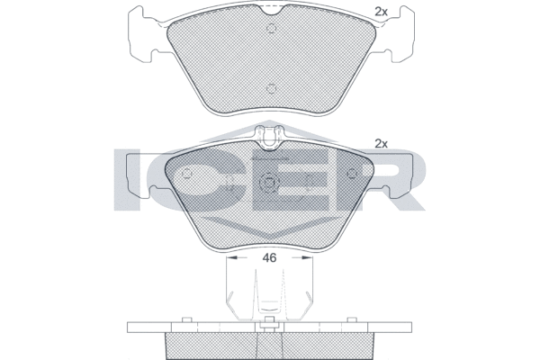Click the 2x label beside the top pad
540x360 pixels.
coord(381,12)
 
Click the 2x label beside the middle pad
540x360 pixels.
coord(381,144)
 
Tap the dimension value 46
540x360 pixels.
coord(269,257)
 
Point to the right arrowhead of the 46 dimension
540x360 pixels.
coord(307,257)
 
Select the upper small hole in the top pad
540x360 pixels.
coord(272,28)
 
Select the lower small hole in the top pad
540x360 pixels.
coord(272,89)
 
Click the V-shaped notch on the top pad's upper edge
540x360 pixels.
coord(271,10)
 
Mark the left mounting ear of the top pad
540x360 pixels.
coord(142,34)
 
